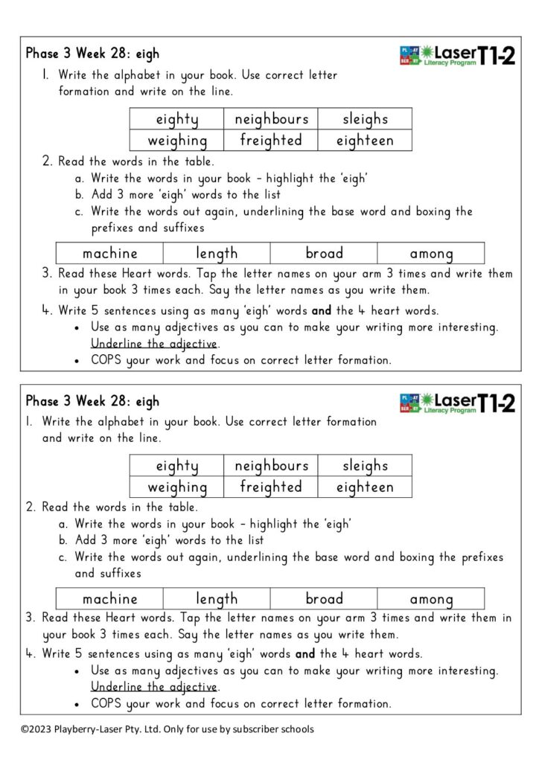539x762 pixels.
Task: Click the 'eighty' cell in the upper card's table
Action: pyautogui.click(x=177, y=119)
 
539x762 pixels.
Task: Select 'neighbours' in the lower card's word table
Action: pyautogui.click(x=271, y=466)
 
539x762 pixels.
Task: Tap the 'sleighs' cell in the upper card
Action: pyautogui.click(x=365, y=119)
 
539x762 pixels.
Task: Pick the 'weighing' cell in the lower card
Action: pyautogui.click(x=177, y=487)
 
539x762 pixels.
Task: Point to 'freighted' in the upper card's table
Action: pyautogui.click(x=271, y=140)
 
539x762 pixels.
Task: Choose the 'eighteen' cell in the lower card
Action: pyautogui.click(x=365, y=487)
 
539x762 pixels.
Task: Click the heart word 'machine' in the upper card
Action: pyautogui.click(x=110, y=253)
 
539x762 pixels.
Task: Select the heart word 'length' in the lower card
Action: pyautogui.click(x=217, y=599)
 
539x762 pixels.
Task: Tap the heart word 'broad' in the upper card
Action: pyautogui.click(x=324, y=253)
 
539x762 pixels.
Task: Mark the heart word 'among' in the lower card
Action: pyautogui.click(x=431, y=599)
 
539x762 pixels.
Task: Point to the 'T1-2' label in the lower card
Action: pyautogui.click(x=496, y=403)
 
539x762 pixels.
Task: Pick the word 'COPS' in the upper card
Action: pyautogui.click(x=108, y=360)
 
